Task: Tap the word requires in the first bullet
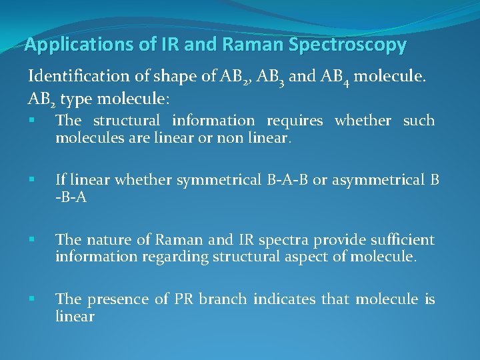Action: tap(295, 121)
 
